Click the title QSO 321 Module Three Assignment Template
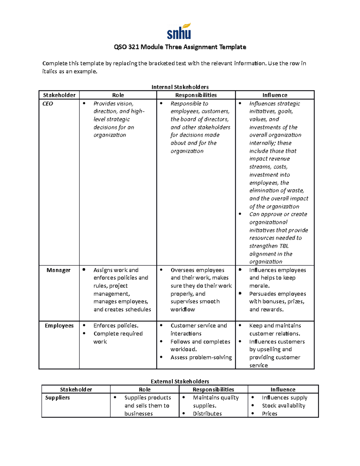180,47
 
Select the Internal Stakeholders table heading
180,87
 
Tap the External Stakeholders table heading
180,381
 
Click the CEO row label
48,104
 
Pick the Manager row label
58,270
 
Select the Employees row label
59,326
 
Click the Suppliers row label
57,398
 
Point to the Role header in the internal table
118,95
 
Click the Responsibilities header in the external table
213,389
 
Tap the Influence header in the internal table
275,95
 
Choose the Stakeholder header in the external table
76,389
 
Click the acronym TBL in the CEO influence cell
283,246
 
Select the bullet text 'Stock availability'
283,406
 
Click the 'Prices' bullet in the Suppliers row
269,413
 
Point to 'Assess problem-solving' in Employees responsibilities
201,357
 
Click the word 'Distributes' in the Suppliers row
207,413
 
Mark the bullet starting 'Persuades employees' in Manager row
277,294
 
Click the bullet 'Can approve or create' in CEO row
278,214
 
